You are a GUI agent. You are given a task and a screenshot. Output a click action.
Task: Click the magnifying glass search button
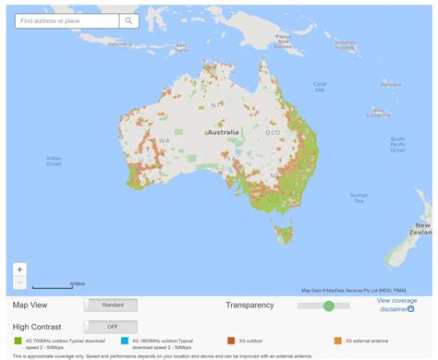[x=129, y=20]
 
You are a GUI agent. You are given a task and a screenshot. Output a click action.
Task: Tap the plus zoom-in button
[x=20, y=270]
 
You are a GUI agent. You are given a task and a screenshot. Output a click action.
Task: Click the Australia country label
[x=223, y=132]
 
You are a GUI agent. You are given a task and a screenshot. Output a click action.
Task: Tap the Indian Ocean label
[x=55, y=161]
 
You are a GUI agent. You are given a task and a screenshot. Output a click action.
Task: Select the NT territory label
[x=216, y=105]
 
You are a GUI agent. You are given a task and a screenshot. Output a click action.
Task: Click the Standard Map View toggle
[x=112, y=305]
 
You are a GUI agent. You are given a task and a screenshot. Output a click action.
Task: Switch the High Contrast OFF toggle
[x=112, y=327]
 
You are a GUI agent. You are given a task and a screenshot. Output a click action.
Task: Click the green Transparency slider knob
[x=329, y=306]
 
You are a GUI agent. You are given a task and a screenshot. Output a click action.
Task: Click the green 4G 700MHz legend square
[x=18, y=341]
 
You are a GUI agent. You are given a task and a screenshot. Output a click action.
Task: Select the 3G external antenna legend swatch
[x=337, y=341]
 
